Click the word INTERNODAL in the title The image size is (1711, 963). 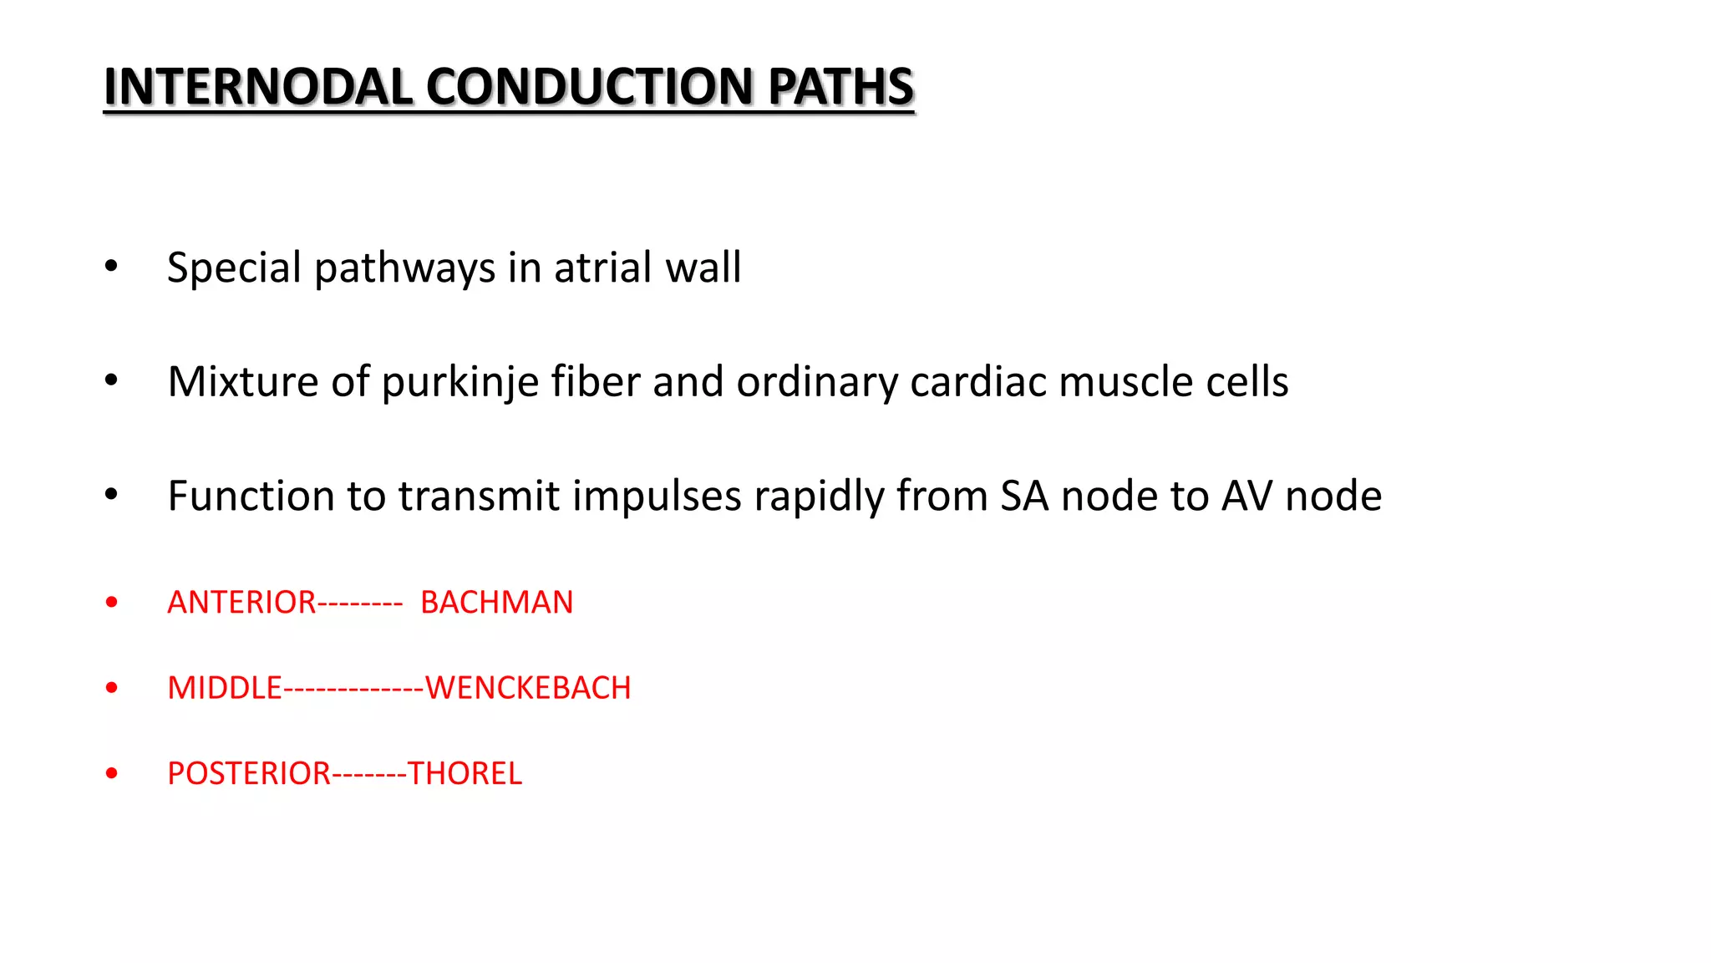tap(257, 87)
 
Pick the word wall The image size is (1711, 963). tap(703, 267)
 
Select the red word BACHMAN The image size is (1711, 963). tap(496, 603)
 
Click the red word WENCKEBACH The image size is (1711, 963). tap(528, 688)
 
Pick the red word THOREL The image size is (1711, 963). tap(465, 774)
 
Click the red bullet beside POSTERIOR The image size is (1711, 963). tap(112, 773)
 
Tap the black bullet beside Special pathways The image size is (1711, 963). tap(112, 267)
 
